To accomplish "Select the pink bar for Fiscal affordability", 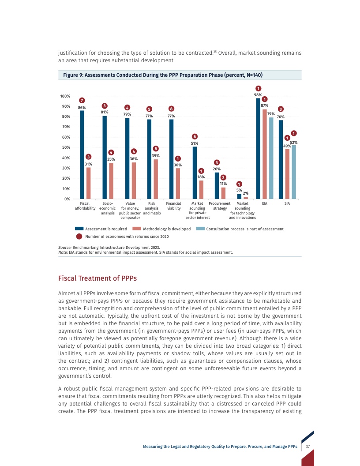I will [89, 183].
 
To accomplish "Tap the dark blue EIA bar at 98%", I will [259, 148].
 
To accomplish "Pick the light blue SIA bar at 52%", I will [294, 172].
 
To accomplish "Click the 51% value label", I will [195, 143].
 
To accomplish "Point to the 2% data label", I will [246, 193].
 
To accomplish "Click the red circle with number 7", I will [82, 101].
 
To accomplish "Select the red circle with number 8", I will [171, 108].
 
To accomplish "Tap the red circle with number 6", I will [195, 136].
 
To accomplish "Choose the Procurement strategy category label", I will [220, 206].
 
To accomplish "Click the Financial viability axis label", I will [173, 206].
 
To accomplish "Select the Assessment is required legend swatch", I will [79, 229].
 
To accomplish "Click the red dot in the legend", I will [79, 236].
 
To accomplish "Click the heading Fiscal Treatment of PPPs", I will [97, 278].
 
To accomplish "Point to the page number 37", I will [308, 447].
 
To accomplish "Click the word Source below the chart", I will [65, 248].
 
